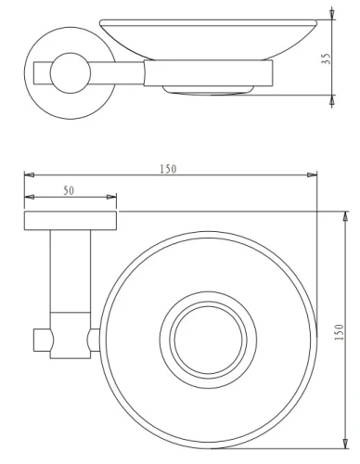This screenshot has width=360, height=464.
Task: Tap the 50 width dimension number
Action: [x=71, y=189]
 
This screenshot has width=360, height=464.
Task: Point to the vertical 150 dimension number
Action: [x=339, y=332]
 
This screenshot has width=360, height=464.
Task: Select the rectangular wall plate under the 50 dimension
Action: [x=71, y=220]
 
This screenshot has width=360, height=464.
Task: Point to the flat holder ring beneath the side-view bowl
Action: [x=209, y=74]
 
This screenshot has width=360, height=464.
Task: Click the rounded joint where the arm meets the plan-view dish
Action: [x=93, y=341]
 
